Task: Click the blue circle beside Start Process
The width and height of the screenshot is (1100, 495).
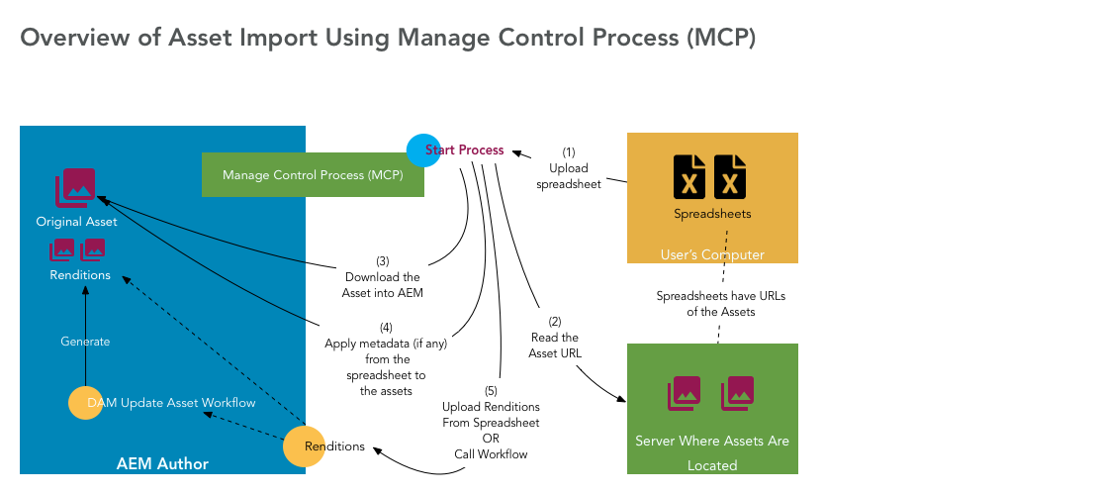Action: point(423,149)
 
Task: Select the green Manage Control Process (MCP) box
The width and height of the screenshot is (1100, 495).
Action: point(313,175)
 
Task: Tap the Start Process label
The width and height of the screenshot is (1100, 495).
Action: point(465,150)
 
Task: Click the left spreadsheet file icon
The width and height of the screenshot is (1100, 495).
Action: point(690,177)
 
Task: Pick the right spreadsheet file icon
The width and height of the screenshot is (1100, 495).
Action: point(730,177)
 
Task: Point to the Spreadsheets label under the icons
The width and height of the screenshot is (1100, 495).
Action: point(711,214)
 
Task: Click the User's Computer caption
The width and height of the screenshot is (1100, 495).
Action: point(711,255)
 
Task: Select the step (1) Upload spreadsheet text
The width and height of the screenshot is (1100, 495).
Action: point(569,168)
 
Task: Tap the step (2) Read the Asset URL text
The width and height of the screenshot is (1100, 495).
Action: point(554,338)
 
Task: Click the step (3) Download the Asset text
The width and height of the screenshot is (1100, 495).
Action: point(383,277)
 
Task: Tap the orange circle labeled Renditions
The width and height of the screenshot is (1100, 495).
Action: point(305,446)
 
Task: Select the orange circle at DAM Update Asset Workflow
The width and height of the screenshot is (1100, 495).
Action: point(85,403)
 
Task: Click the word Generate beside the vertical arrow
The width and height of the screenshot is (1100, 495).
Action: point(85,342)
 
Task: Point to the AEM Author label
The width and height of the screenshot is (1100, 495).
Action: point(162,463)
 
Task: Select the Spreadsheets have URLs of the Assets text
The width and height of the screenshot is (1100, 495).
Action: point(720,304)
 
